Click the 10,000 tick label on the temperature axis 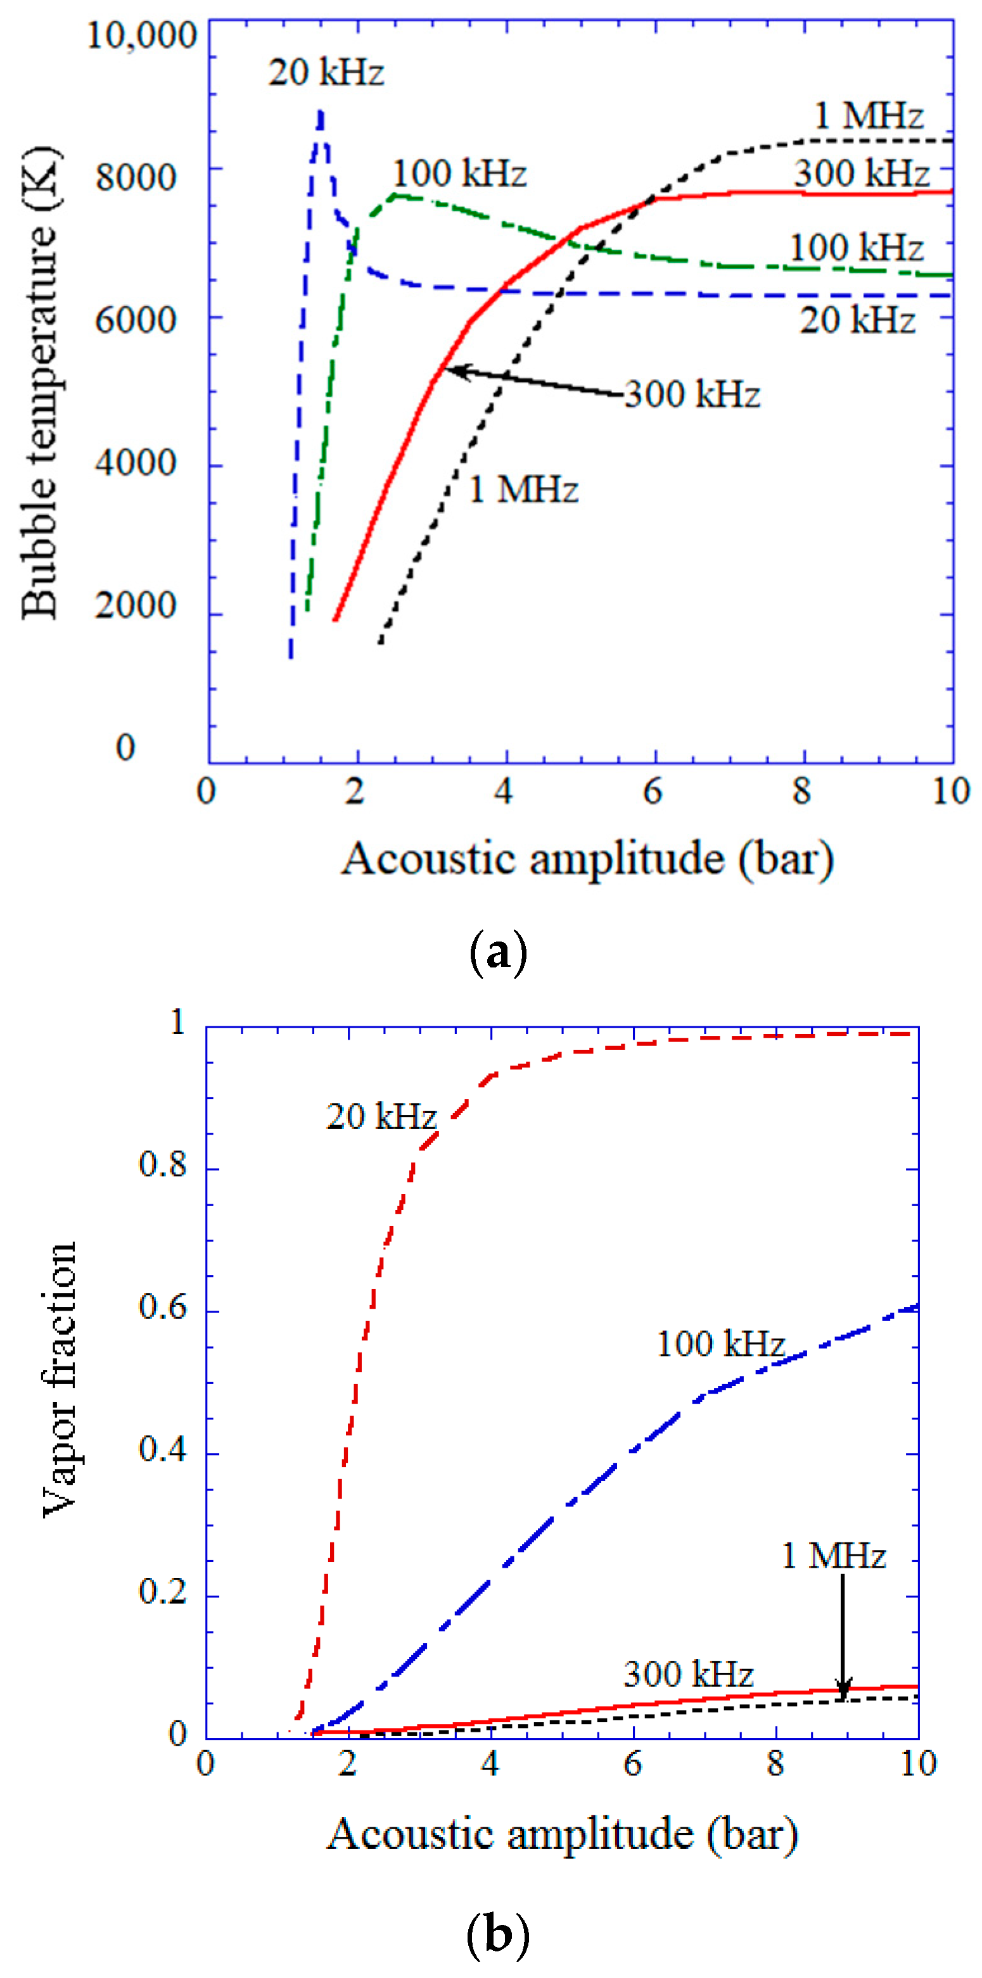[141, 35]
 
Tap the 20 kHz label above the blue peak [326, 73]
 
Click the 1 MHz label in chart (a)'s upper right [869, 116]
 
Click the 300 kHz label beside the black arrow [692, 394]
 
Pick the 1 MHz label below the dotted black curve [523, 489]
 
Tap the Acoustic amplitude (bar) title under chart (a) [588, 859]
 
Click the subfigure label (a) [497, 953]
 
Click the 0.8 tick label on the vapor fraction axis [162, 1165]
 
